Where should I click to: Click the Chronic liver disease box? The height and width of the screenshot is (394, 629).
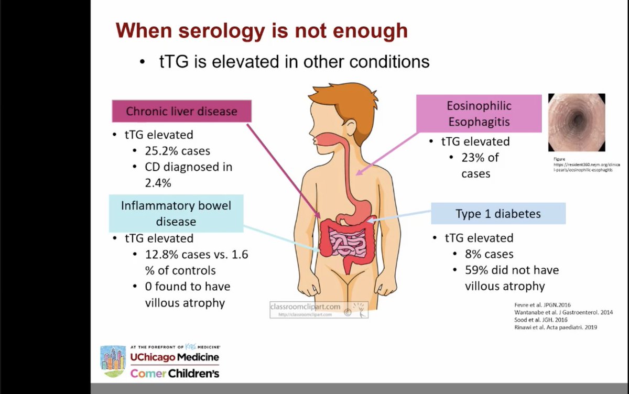[x=181, y=111]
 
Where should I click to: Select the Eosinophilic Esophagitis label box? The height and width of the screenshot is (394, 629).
[x=479, y=114]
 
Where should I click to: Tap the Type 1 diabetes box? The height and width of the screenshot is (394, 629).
[x=498, y=214]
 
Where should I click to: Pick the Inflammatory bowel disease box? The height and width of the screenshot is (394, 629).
[x=176, y=213]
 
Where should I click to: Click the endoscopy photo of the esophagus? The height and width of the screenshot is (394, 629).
[x=577, y=123]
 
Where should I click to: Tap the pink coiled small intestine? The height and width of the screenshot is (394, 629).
[x=346, y=242]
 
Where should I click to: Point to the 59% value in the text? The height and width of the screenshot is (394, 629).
[x=476, y=270]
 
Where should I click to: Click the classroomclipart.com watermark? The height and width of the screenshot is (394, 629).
[x=305, y=307]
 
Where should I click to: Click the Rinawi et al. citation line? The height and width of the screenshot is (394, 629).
[x=555, y=327]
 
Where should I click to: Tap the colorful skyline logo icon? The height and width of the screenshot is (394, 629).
[x=113, y=361]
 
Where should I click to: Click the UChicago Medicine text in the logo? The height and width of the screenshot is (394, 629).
[x=174, y=357]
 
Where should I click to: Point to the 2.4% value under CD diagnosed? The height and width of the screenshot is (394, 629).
[x=158, y=183]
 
